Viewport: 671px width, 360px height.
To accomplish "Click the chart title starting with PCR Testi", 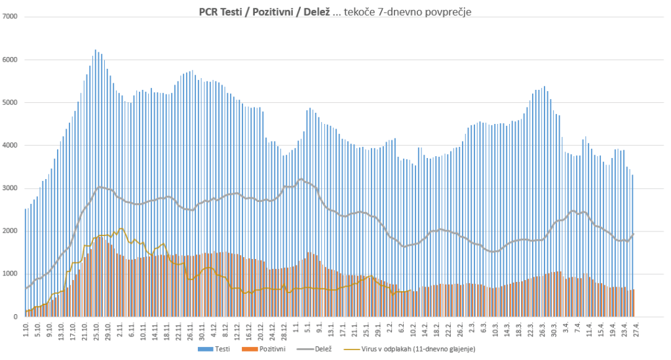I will click(x=335, y=11).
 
